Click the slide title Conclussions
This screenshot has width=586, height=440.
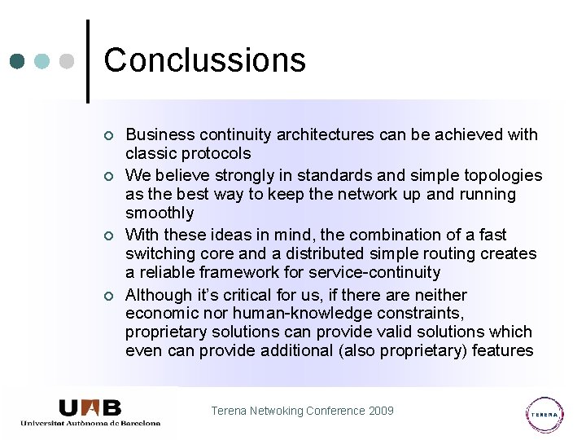point(204,60)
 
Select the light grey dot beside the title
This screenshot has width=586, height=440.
point(68,61)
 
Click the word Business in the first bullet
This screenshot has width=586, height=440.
point(160,134)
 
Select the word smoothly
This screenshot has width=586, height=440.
point(160,213)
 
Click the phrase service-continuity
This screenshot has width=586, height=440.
point(371,272)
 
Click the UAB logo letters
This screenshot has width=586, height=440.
point(90,407)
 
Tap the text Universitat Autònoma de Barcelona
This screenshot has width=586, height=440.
point(90,423)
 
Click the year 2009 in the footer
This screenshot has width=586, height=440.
point(380,411)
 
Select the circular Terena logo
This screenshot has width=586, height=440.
point(544,414)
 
